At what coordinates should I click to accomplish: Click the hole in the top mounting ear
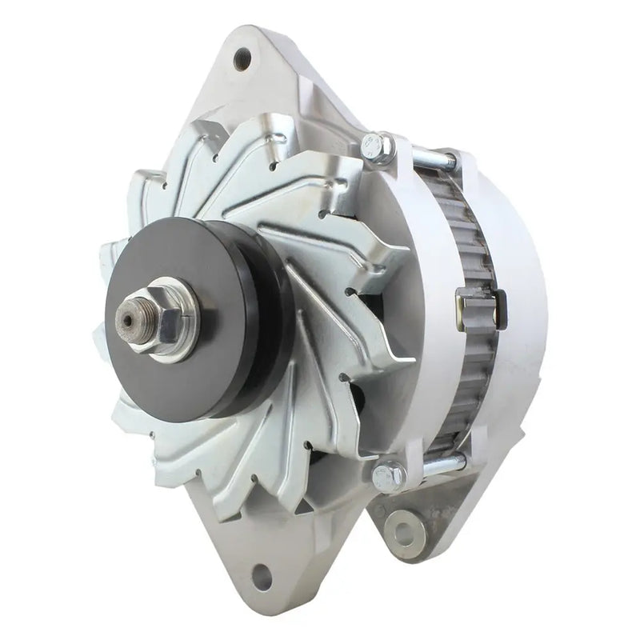(242, 58)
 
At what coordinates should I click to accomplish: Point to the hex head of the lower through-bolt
(388, 475)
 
